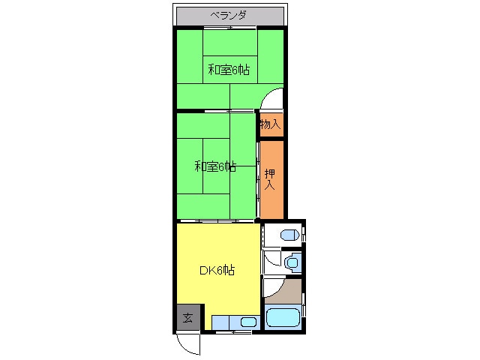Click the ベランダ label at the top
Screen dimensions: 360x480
coord(229,15)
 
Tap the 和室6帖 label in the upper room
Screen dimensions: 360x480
coord(229,70)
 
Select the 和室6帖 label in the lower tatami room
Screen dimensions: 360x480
coord(216,166)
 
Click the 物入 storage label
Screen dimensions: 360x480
coord(271,125)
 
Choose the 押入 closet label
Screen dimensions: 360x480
coord(271,178)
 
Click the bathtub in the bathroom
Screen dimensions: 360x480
coord(283,317)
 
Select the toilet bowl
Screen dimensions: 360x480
coord(292,262)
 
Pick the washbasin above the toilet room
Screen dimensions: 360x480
coord(289,235)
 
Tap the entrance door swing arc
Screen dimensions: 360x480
coord(189,343)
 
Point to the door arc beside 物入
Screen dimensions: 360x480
coord(273,100)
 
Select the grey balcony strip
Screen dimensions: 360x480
coord(229,15)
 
